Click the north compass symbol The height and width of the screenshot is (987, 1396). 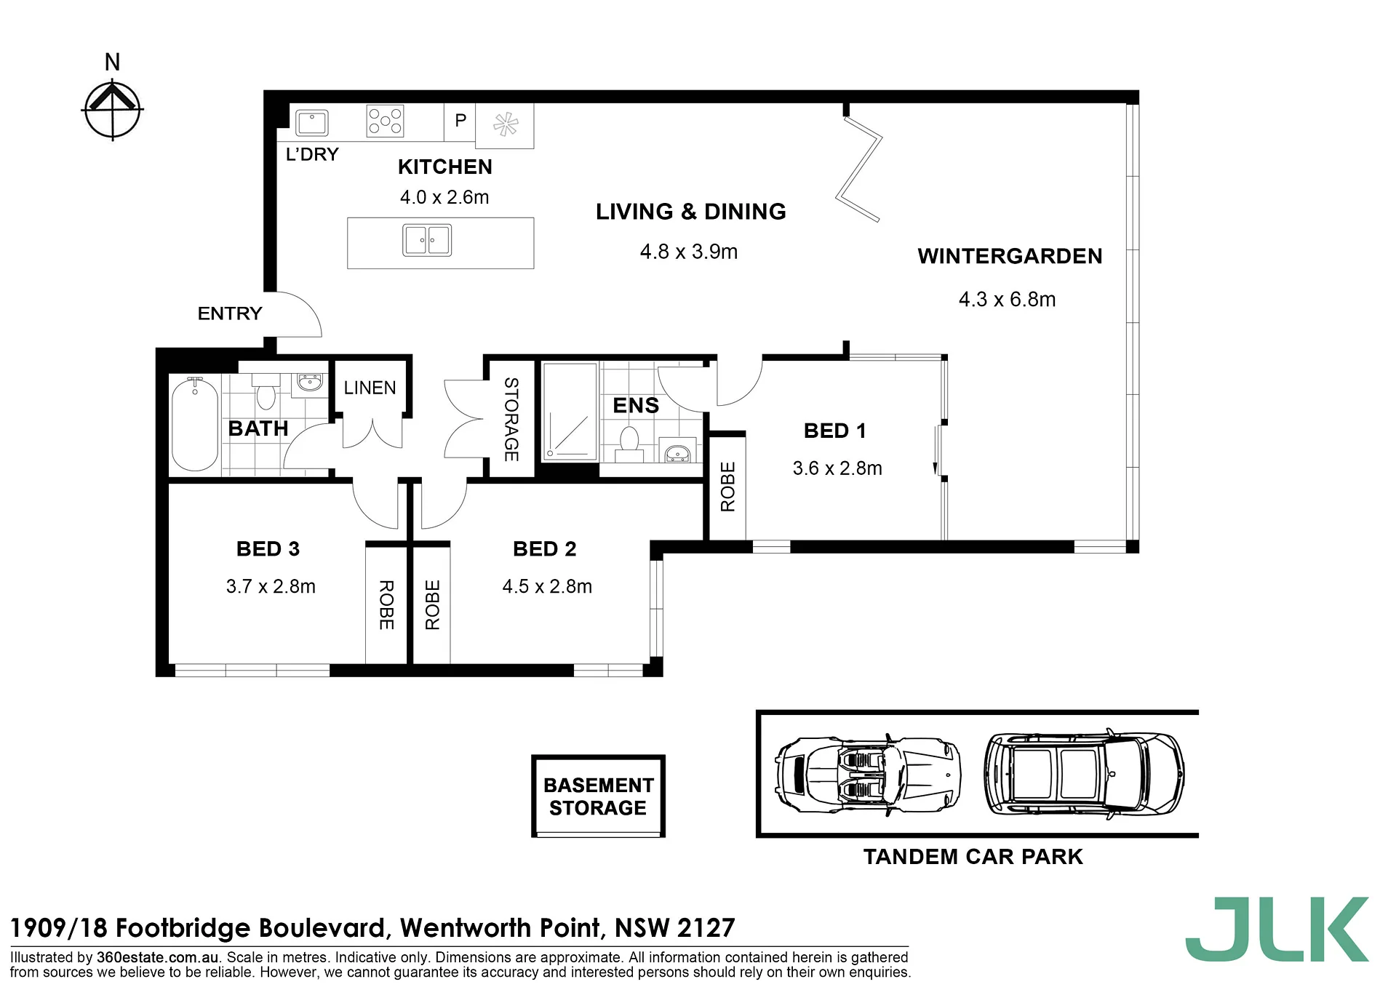tap(112, 110)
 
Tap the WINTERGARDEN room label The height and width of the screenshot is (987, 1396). tap(1010, 256)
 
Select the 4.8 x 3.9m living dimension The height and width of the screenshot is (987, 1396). tap(688, 252)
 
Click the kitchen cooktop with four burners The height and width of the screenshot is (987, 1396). tap(385, 121)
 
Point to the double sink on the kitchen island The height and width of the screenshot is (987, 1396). tap(427, 240)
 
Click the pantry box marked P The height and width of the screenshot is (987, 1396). tap(460, 121)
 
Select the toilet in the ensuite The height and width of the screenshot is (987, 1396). tap(629, 444)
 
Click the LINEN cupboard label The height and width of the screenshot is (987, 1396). tap(370, 388)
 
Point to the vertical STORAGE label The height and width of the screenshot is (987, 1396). tap(511, 419)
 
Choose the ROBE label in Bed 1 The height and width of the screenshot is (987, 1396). tap(727, 487)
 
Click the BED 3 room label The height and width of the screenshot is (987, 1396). tap(268, 549)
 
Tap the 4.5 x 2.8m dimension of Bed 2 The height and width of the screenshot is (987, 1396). tap(547, 586)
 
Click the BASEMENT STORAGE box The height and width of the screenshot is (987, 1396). tap(598, 796)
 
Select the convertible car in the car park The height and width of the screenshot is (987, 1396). tap(868, 775)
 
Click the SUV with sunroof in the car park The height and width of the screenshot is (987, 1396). tap(1084, 773)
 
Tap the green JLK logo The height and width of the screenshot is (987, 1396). tap(1277, 929)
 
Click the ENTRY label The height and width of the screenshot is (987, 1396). tap(230, 313)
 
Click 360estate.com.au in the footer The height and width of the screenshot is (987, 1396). tap(157, 957)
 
